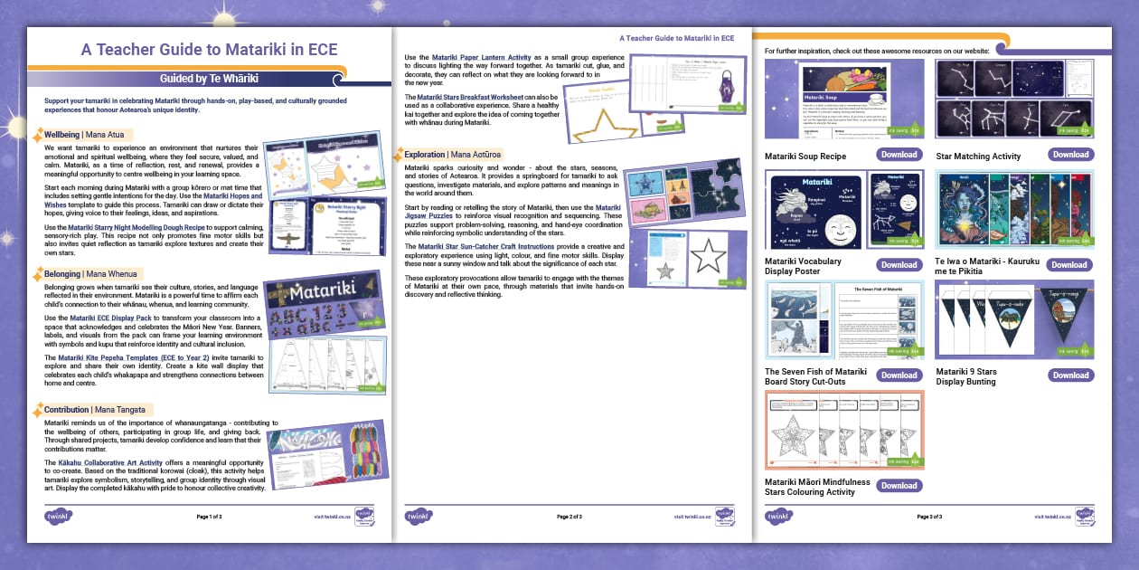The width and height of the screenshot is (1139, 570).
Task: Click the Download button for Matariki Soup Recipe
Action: pos(899,155)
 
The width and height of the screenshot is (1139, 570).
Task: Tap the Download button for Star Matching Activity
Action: pos(1070,155)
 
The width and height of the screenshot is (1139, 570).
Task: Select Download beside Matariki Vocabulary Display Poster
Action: pos(899,265)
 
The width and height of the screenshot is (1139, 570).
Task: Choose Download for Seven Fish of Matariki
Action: pos(899,375)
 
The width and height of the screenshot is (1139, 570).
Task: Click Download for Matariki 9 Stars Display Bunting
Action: pos(1070,375)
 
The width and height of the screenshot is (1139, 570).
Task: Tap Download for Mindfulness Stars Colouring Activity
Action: pos(899,485)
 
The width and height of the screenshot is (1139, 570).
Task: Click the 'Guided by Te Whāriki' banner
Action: pos(209,79)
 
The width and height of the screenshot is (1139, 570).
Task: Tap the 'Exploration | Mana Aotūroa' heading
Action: pos(452,155)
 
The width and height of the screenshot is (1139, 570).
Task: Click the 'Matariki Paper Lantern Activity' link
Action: pos(475,58)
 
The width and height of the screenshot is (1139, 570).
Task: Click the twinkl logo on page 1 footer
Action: pos(58,517)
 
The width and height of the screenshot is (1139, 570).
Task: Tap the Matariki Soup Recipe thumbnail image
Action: pos(827,100)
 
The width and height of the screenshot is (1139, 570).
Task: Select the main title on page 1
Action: pos(209,50)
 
